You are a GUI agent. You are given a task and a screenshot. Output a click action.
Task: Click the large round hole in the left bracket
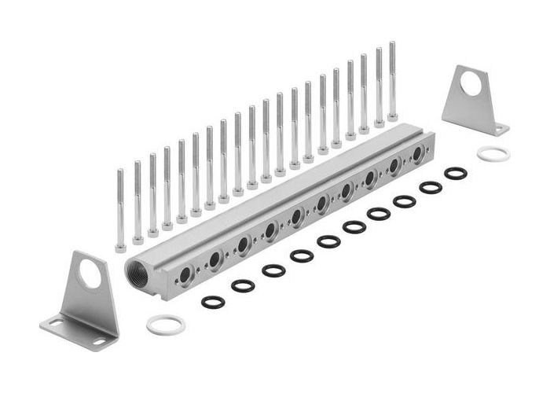point(90,274)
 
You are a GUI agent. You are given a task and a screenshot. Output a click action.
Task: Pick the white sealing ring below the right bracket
point(493,153)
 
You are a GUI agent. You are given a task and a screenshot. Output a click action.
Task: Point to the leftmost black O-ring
point(213,302)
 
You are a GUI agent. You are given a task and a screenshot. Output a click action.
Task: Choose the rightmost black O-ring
point(456,173)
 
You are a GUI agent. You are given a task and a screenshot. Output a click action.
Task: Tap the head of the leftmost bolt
point(120,248)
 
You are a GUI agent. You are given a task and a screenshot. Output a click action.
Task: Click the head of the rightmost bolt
point(392,117)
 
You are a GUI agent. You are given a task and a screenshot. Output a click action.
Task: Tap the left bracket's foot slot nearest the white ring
point(98,341)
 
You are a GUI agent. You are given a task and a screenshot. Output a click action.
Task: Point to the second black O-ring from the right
point(431,187)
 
